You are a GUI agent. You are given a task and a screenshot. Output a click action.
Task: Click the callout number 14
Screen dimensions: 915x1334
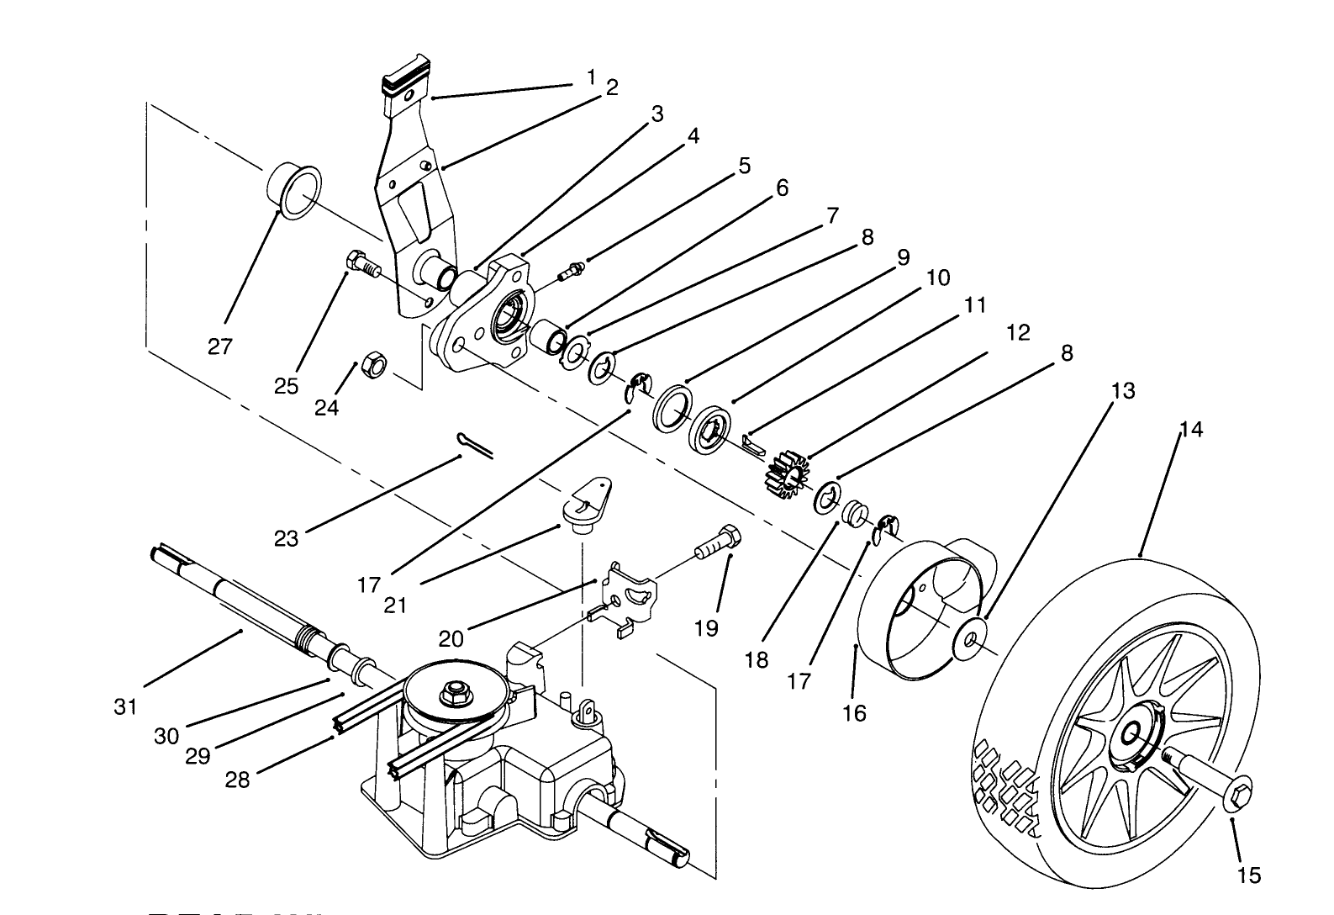[x=1191, y=430]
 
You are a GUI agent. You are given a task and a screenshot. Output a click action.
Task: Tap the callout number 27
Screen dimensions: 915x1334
[x=220, y=346]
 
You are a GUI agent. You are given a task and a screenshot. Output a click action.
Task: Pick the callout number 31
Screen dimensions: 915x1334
[x=125, y=707]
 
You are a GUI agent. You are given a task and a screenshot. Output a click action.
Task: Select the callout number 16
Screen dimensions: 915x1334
[x=854, y=714]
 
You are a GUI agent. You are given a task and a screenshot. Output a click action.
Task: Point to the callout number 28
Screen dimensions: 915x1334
[x=238, y=780]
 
